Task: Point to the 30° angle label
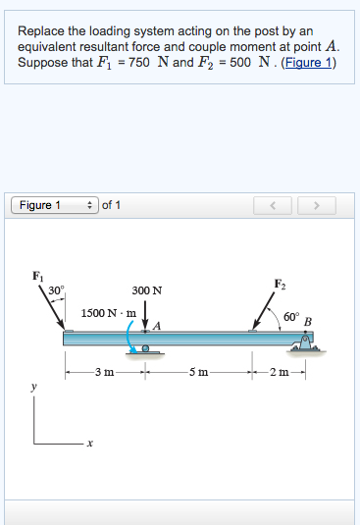click(x=56, y=290)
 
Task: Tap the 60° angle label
click(x=290, y=317)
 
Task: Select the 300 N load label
click(x=147, y=290)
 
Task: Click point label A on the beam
click(x=156, y=325)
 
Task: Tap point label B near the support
click(x=308, y=321)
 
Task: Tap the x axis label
click(x=89, y=445)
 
